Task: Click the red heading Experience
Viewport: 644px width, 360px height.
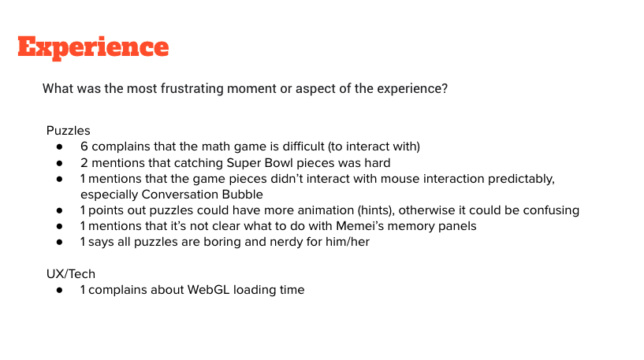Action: pyautogui.click(x=93, y=47)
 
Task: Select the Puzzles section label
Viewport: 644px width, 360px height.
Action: pyautogui.click(x=68, y=131)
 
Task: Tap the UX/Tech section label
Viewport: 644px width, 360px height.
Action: pyautogui.click(x=71, y=274)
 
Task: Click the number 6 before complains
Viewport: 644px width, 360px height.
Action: pyautogui.click(x=84, y=147)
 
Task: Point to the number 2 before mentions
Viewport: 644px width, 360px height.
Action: pyautogui.click(x=84, y=163)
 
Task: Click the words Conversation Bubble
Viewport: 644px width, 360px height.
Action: pyautogui.click(x=202, y=195)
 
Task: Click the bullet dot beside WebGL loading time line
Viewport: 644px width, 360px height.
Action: pyautogui.click(x=60, y=290)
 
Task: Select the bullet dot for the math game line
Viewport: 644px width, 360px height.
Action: pyautogui.click(x=60, y=147)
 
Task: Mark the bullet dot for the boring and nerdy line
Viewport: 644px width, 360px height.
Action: pyautogui.click(x=60, y=242)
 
